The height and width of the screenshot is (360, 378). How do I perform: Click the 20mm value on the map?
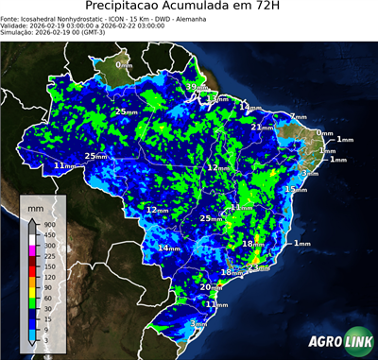point(210,285)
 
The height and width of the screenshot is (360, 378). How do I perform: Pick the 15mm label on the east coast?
point(295,189)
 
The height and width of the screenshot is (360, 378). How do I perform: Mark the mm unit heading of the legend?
point(35,206)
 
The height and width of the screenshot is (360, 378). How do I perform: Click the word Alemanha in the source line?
point(215,18)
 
